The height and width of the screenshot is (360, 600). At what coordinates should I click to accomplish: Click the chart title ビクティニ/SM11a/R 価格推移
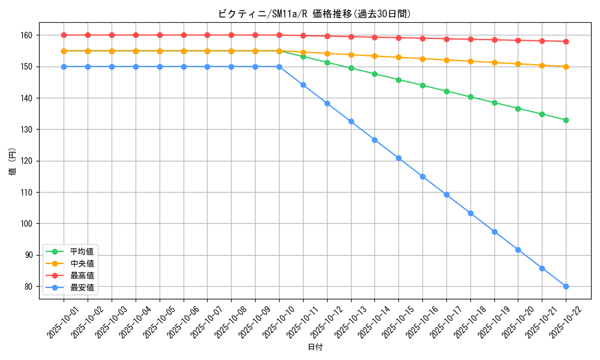[x=314, y=13]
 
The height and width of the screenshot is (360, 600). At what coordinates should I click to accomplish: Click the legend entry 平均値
[x=82, y=251]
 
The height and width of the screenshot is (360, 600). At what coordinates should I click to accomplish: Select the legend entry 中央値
[x=82, y=263]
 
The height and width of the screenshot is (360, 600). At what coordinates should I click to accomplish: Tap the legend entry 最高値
[x=82, y=275]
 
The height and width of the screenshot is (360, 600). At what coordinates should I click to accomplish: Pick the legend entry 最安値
[x=82, y=287]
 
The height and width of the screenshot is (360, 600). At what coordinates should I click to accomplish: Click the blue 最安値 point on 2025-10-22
[x=566, y=286]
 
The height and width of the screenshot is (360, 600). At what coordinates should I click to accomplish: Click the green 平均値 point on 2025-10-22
[x=566, y=120]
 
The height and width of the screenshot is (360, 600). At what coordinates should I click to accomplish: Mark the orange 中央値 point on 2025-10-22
[x=566, y=67]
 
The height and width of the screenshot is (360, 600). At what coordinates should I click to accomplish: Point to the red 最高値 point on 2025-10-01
[x=64, y=35]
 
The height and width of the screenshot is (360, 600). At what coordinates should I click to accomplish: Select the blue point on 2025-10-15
[x=398, y=158]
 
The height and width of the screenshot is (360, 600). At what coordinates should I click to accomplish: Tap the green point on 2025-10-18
[x=470, y=97]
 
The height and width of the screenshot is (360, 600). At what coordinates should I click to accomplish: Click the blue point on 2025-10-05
[x=160, y=67]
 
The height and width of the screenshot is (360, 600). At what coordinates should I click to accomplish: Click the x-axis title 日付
[x=314, y=347]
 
